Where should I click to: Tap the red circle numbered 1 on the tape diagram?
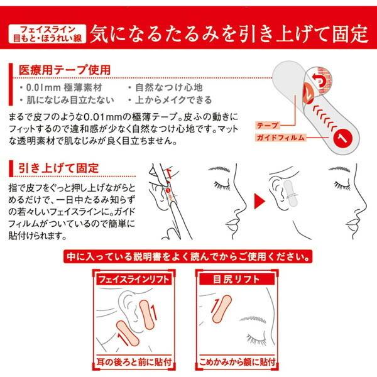point(341,135)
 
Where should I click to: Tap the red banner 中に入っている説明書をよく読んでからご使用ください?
point(188,256)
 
